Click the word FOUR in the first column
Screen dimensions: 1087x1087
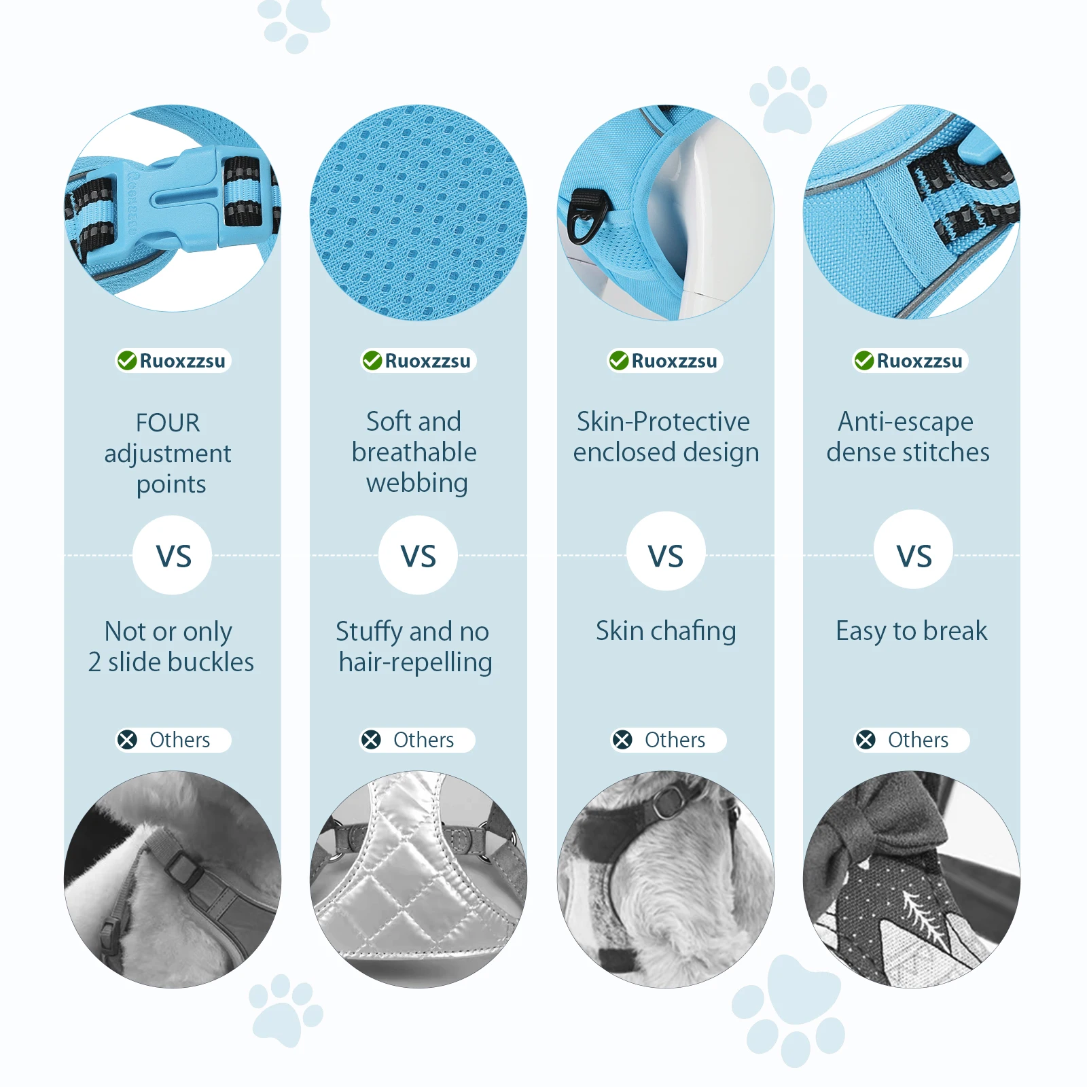coord(168,423)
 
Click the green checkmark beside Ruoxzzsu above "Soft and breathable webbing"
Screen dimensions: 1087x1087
coord(372,360)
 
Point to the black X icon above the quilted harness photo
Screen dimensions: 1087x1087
coord(371,740)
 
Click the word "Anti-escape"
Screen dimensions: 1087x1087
coord(906,422)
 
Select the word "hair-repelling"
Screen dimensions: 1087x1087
coord(416,662)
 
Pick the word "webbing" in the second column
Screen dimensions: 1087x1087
coord(417,483)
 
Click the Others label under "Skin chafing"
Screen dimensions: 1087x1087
coord(675,740)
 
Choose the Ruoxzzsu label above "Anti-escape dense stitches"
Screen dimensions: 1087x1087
coord(919,361)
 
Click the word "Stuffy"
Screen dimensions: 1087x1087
coord(370,632)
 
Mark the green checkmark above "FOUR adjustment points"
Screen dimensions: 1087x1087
coord(126,360)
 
